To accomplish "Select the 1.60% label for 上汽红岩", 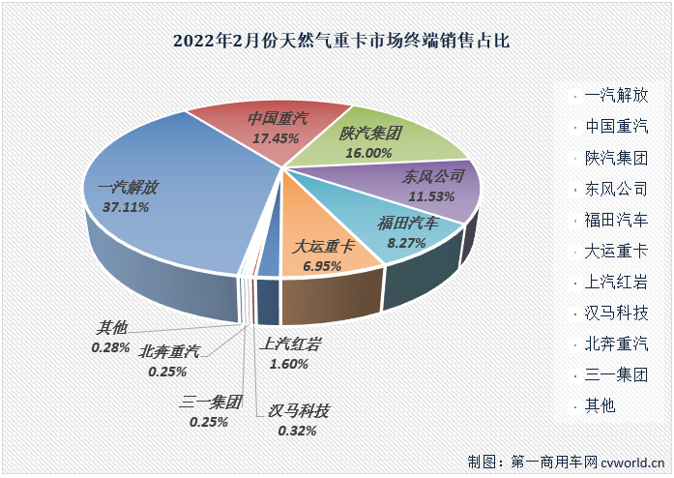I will pos(283,364).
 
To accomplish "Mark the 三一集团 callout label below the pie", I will pos(210,403).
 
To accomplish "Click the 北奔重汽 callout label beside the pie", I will pos(169,351).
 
